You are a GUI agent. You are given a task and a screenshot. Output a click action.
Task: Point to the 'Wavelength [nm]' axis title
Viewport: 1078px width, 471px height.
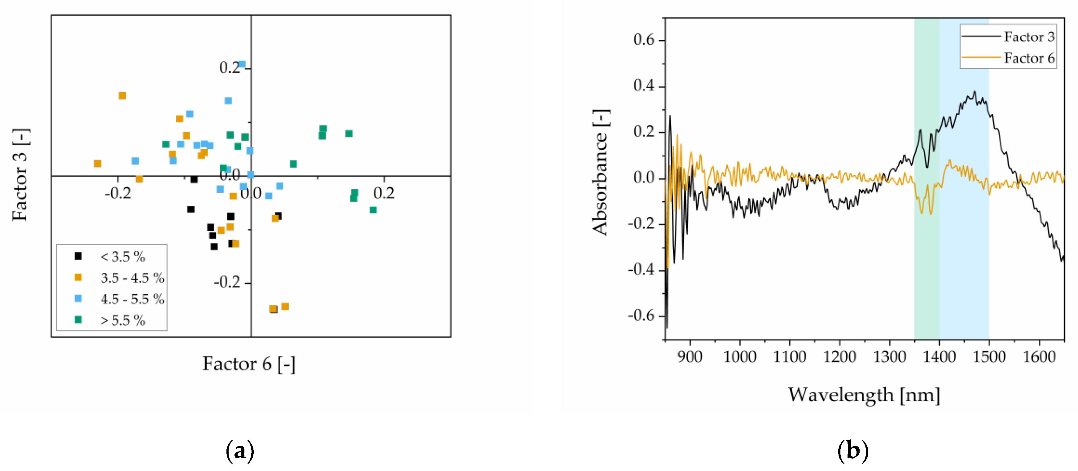(x=864, y=394)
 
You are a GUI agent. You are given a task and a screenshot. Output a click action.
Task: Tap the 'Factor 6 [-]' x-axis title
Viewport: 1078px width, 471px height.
(x=249, y=363)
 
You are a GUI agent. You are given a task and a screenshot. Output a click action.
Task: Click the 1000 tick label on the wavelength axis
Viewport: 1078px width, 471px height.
(x=739, y=357)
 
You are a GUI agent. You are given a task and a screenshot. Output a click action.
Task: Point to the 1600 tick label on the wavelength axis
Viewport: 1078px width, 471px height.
(x=1039, y=357)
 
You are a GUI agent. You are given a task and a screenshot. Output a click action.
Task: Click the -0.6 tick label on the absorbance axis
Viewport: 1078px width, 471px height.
(x=641, y=315)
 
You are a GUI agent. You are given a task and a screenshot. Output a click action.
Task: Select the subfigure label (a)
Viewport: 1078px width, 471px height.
(x=240, y=451)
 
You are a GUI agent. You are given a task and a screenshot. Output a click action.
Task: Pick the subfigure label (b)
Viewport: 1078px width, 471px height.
(x=853, y=451)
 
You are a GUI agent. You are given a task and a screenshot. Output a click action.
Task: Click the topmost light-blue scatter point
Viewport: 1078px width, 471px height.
(x=242, y=64)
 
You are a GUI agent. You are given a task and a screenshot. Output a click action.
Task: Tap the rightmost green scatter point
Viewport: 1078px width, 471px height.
(x=373, y=210)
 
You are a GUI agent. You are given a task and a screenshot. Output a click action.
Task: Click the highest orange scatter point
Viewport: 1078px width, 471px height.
(x=122, y=96)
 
